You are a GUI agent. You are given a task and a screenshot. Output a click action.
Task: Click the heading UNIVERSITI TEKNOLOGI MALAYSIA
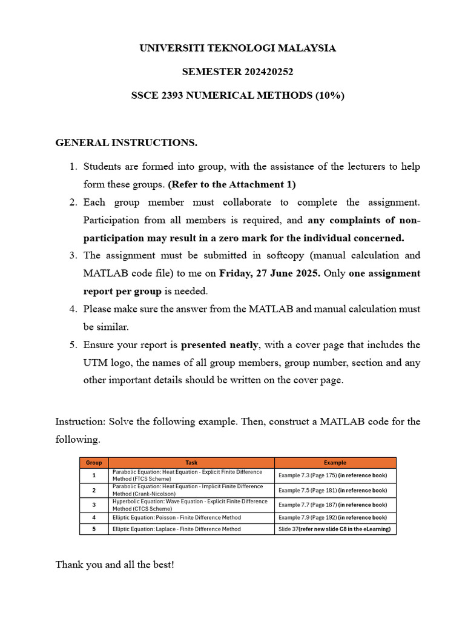click(237, 48)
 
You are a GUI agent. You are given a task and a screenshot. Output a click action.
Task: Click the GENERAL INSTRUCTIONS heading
click(127, 143)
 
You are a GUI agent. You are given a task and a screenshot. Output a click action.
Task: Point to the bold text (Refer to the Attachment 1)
click(232, 184)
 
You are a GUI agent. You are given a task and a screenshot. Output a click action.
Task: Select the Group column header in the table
click(94, 463)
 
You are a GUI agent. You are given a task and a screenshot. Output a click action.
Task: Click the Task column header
click(191, 463)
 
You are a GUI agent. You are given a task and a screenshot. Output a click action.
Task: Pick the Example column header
click(335, 463)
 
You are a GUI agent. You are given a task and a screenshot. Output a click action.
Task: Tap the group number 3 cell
click(94, 505)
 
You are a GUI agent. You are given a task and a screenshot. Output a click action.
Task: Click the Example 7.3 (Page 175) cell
click(332, 475)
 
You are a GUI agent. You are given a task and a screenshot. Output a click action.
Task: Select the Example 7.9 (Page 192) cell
click(332, 517)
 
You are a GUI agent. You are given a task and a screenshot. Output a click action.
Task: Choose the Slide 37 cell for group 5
click(334, 529)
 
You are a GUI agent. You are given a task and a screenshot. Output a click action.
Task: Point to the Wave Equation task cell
click(190, 505)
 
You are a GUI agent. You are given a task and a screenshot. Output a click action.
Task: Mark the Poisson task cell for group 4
click(176, 517)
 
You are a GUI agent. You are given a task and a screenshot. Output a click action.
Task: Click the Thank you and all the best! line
click(114, 565)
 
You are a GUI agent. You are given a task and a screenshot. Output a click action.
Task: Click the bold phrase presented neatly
click(220, 344)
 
